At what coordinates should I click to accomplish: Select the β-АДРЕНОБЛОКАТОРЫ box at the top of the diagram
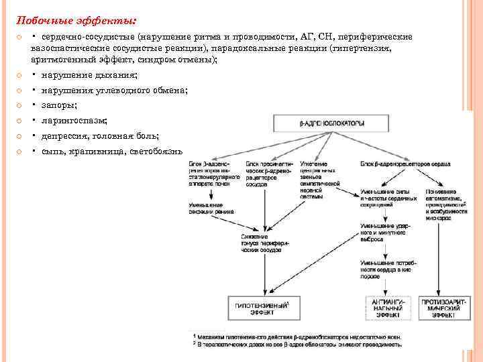point(332,123)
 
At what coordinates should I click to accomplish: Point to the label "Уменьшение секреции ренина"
point(211,208)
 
